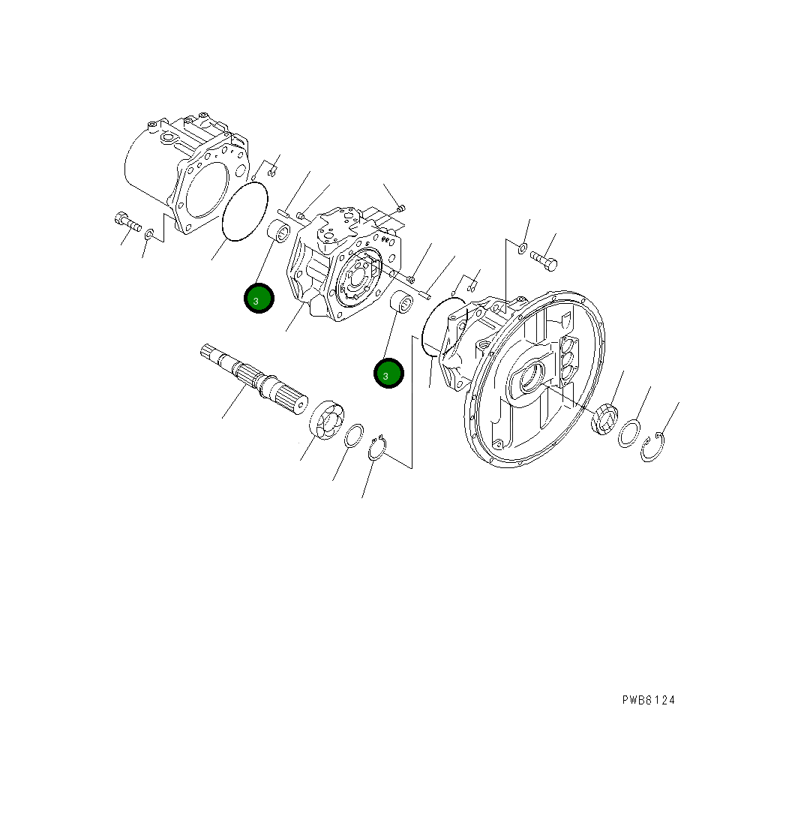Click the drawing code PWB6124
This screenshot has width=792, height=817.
pyautogui.click(x=648, y=700)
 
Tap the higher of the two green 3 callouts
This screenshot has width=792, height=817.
pyautogui.click(x=259, y=299)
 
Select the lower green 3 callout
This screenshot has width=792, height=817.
pyautogui.click(x=388, y=374)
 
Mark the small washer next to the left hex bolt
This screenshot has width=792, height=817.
pyautogui.click(x=149, y=235)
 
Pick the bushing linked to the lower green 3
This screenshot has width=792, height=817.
pyautogui.click(x=403, y=305)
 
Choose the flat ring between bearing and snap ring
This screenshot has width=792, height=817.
pyautogui.click(x=354, y=436)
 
